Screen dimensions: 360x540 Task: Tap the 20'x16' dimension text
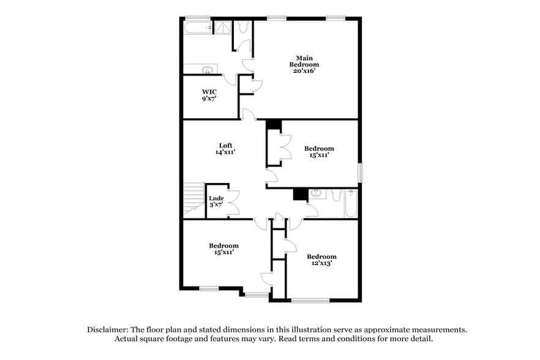coord(304,70)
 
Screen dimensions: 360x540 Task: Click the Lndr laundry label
coord(216,198)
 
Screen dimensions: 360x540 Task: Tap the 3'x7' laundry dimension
coord(216,204)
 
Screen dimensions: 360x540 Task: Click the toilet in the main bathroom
coord(243,27)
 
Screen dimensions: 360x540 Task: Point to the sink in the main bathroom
coord(208,69)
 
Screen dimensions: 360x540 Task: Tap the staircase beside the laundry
coord(193,199)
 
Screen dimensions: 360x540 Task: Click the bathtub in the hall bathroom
coord(351,203)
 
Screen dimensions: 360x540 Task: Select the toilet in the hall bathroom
coord(336,195)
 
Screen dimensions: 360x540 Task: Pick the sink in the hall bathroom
coord(317,194)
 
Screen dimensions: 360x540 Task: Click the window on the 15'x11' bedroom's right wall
coord(360,172)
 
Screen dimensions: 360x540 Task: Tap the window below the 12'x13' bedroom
coord(310,300)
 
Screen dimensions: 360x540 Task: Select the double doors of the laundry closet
coord(232,203)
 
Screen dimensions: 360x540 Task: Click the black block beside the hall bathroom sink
coord(300,194)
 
